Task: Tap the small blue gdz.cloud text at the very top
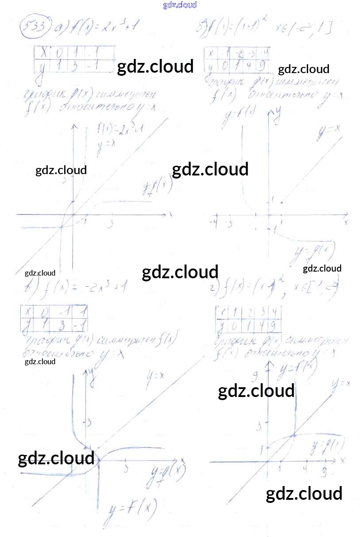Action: (x=180, y=5)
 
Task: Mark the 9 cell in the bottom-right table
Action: (x=275, y=327)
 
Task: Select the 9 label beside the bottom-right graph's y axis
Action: (x=255, y=377)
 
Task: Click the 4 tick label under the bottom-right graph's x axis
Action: (x=305, y=468)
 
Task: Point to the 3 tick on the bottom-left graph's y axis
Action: (x=88, y=422)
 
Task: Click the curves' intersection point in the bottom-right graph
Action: (x=293, y=436)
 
